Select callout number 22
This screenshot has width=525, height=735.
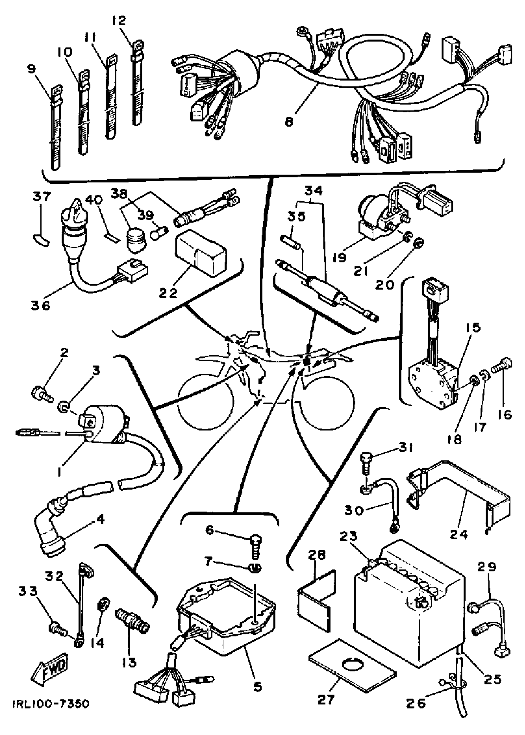point(168,293)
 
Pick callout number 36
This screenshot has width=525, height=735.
point(41,305)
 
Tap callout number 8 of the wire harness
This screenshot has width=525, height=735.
point(289,122)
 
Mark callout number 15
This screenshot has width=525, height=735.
point(473,328)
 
